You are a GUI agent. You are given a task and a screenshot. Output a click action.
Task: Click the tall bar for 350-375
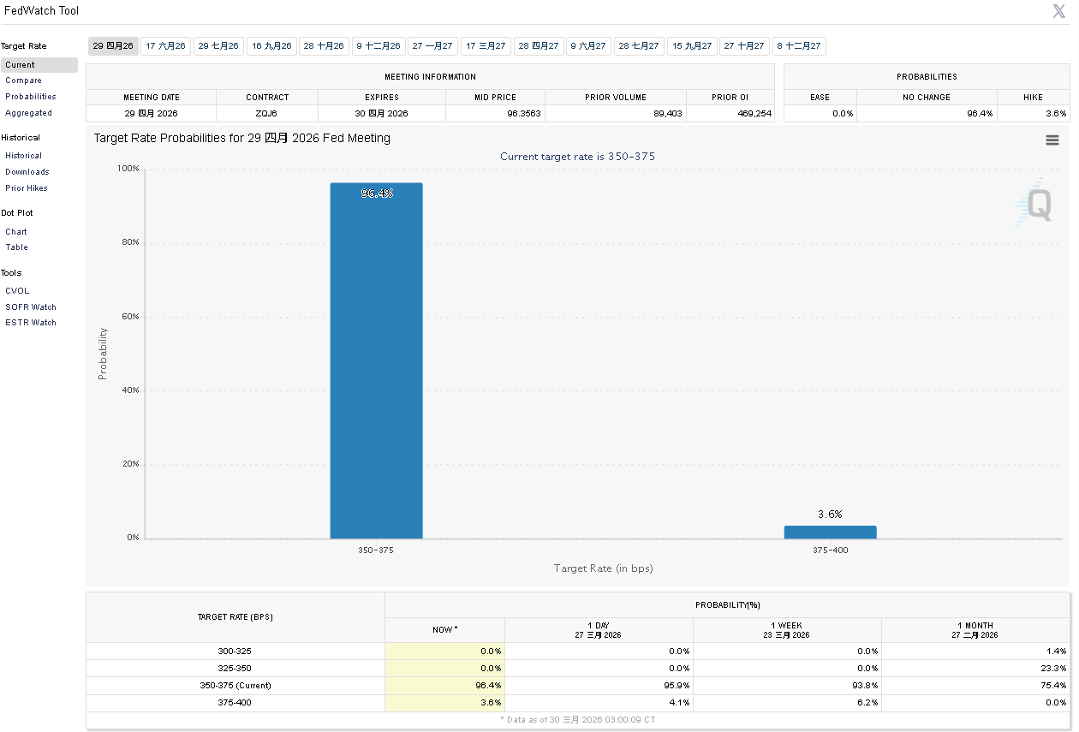click(x=376, y=360)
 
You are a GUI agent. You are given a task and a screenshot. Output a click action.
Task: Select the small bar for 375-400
click(x=830, y=532)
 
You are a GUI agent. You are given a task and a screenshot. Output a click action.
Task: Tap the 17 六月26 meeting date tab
click(x=165, y=46)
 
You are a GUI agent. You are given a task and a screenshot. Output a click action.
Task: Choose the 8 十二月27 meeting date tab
click(x=798, y=46)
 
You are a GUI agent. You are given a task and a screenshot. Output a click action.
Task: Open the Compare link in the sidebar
click(x=23, y=80)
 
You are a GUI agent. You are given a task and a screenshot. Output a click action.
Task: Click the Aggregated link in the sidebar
click(x=28, y=113)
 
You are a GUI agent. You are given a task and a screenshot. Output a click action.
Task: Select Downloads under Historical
click(x=27, y=172)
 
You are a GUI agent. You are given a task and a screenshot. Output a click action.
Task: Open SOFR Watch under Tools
click(x=31, y=307)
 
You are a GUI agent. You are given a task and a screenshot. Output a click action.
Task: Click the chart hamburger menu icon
click(x=1052, y=140)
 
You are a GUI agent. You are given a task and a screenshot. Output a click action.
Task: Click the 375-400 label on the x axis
click(x=830, y=550)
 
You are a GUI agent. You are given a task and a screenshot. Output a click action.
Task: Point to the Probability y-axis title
click(x=103, y=354)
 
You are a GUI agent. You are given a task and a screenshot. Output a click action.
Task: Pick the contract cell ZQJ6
click(x=267, y=113)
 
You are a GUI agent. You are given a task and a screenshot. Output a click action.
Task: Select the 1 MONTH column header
click(x=975, y=629)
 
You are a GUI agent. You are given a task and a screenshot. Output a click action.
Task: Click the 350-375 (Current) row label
click(x=235, y=686)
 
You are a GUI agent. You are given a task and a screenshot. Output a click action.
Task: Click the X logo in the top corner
click(x=1059, y=11)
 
